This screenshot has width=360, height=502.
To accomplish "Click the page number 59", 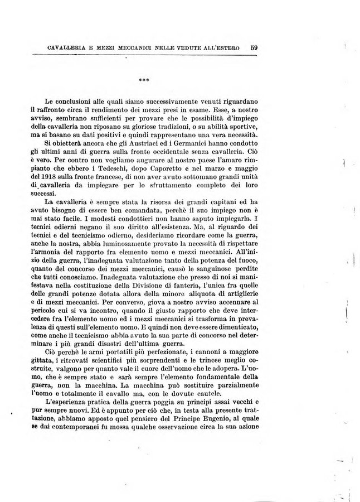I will pos(254,47).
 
